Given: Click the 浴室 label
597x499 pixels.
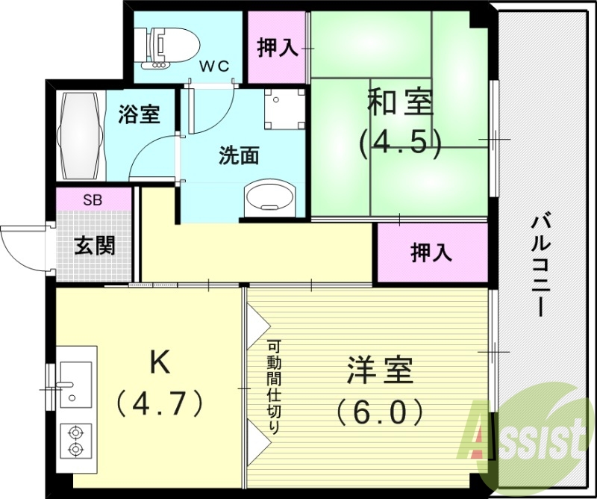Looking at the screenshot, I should point(140,116).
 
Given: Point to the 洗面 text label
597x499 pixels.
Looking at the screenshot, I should point(238,156).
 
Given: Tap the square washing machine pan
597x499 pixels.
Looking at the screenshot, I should point(284,109).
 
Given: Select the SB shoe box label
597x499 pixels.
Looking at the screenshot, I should point(93,200).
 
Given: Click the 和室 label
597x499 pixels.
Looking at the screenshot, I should point(400,103).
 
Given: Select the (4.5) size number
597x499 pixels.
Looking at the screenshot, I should point(401,142).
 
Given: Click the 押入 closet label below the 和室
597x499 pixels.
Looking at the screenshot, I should point(431,252).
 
